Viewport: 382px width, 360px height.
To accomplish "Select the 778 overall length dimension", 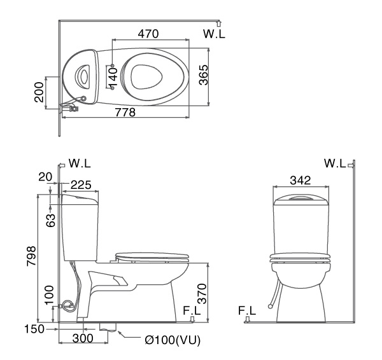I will click(125, 112).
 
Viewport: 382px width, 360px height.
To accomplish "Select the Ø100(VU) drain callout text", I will click(172, 340).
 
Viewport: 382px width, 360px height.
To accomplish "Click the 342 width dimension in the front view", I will click(301, 181).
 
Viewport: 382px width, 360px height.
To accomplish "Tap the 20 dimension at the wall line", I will click(44, 176).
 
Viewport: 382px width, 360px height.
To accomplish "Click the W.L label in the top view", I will click(214, 34).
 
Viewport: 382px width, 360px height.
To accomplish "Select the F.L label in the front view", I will click(247, 311).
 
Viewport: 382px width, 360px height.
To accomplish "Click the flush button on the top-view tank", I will click(82, 76).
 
